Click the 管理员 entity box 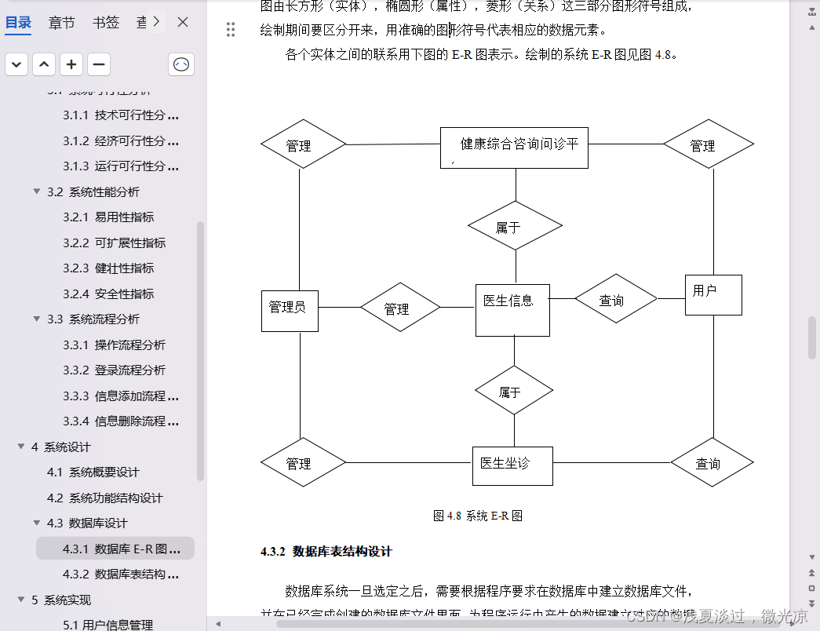[290, 310]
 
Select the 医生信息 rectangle [512, 309]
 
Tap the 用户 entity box [712, 294]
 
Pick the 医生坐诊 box [512, 465]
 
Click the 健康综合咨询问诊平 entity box [514, 148]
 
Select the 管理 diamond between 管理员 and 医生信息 [400, 308]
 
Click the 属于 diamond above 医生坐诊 [513, 390]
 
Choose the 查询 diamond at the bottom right [712, 463]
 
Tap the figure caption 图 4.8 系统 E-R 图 [478, 516]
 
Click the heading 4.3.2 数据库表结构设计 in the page [326, 552]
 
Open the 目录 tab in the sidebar [19, 23]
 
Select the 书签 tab [105, 23]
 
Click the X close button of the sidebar [183, 23]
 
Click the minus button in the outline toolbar [99, 65]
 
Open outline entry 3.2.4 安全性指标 [124, 294]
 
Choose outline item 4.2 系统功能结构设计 [104, 498]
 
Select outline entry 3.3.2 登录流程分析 [129, 370]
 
